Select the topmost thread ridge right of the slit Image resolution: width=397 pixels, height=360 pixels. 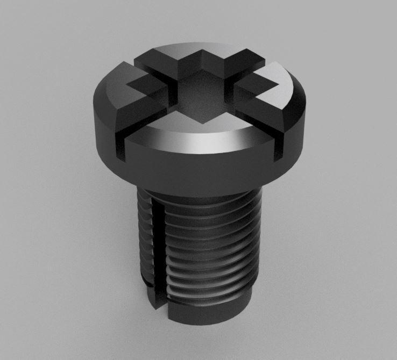[210, 211]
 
